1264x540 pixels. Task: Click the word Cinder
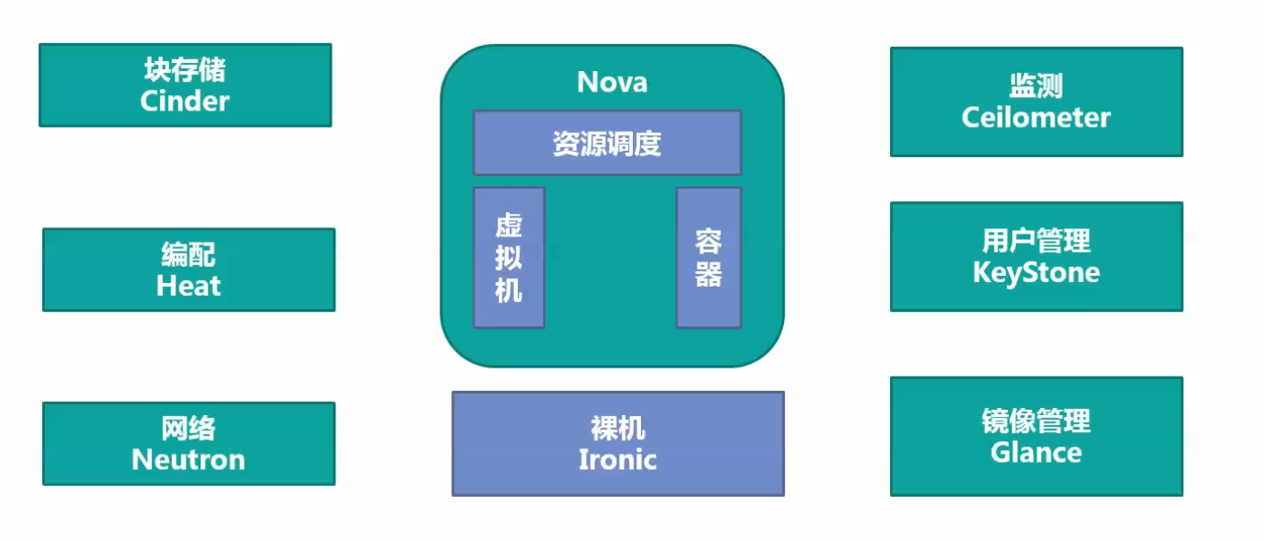click(x=184, y=101)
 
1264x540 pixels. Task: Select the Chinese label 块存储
click(x=184, y=70)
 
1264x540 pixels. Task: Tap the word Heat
click(x=189, y=286)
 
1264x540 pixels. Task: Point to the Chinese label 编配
click(x=189, y=255)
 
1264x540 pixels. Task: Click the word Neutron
click(x=189, y=459)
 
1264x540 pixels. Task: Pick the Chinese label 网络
click(x=189, y=429)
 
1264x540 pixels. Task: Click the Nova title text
click(x=612, y=83)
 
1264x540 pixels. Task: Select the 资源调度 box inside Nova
click(x=607, y=143)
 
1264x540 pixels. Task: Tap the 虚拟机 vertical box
click(x=509, y=258)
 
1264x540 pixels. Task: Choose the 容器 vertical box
click(x=708, y=258)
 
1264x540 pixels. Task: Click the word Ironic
click(x=618, y=459)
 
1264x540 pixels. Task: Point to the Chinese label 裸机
click(x=618, y=429)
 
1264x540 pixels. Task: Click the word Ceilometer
click(x=1036, y=117)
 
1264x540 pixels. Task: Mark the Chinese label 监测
click(x=1036, y=86)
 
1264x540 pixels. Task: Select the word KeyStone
click(x=1036, y=271)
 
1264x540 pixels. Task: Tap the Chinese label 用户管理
click(x=1036, y=241)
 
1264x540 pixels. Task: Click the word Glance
click(x=1036, y=451)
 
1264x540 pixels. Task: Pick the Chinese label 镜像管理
click(x=1036, y=420)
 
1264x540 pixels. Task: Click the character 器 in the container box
click(x=708, y=274)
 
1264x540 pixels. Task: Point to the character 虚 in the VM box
click(x=509, y=226)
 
